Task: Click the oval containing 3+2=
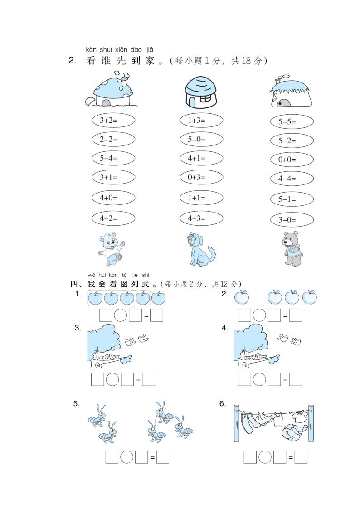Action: (113, 121)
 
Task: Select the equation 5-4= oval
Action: (113, 159)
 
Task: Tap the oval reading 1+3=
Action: (201, 121)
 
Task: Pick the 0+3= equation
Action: (201, 177)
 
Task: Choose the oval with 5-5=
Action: (292, 122)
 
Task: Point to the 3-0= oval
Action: (292, 220)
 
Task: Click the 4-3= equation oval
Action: (201, 218)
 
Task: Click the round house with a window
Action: (201, 92)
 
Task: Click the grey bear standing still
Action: (292, 249)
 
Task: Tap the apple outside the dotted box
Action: (158, 298)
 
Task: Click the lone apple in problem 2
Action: (242, 297)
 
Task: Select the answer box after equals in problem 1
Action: (156, 315)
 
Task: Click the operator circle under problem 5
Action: (126, 457)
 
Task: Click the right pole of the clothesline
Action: (311, 423)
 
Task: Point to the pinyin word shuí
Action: (106, 50)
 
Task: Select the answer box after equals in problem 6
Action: (301, 457)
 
